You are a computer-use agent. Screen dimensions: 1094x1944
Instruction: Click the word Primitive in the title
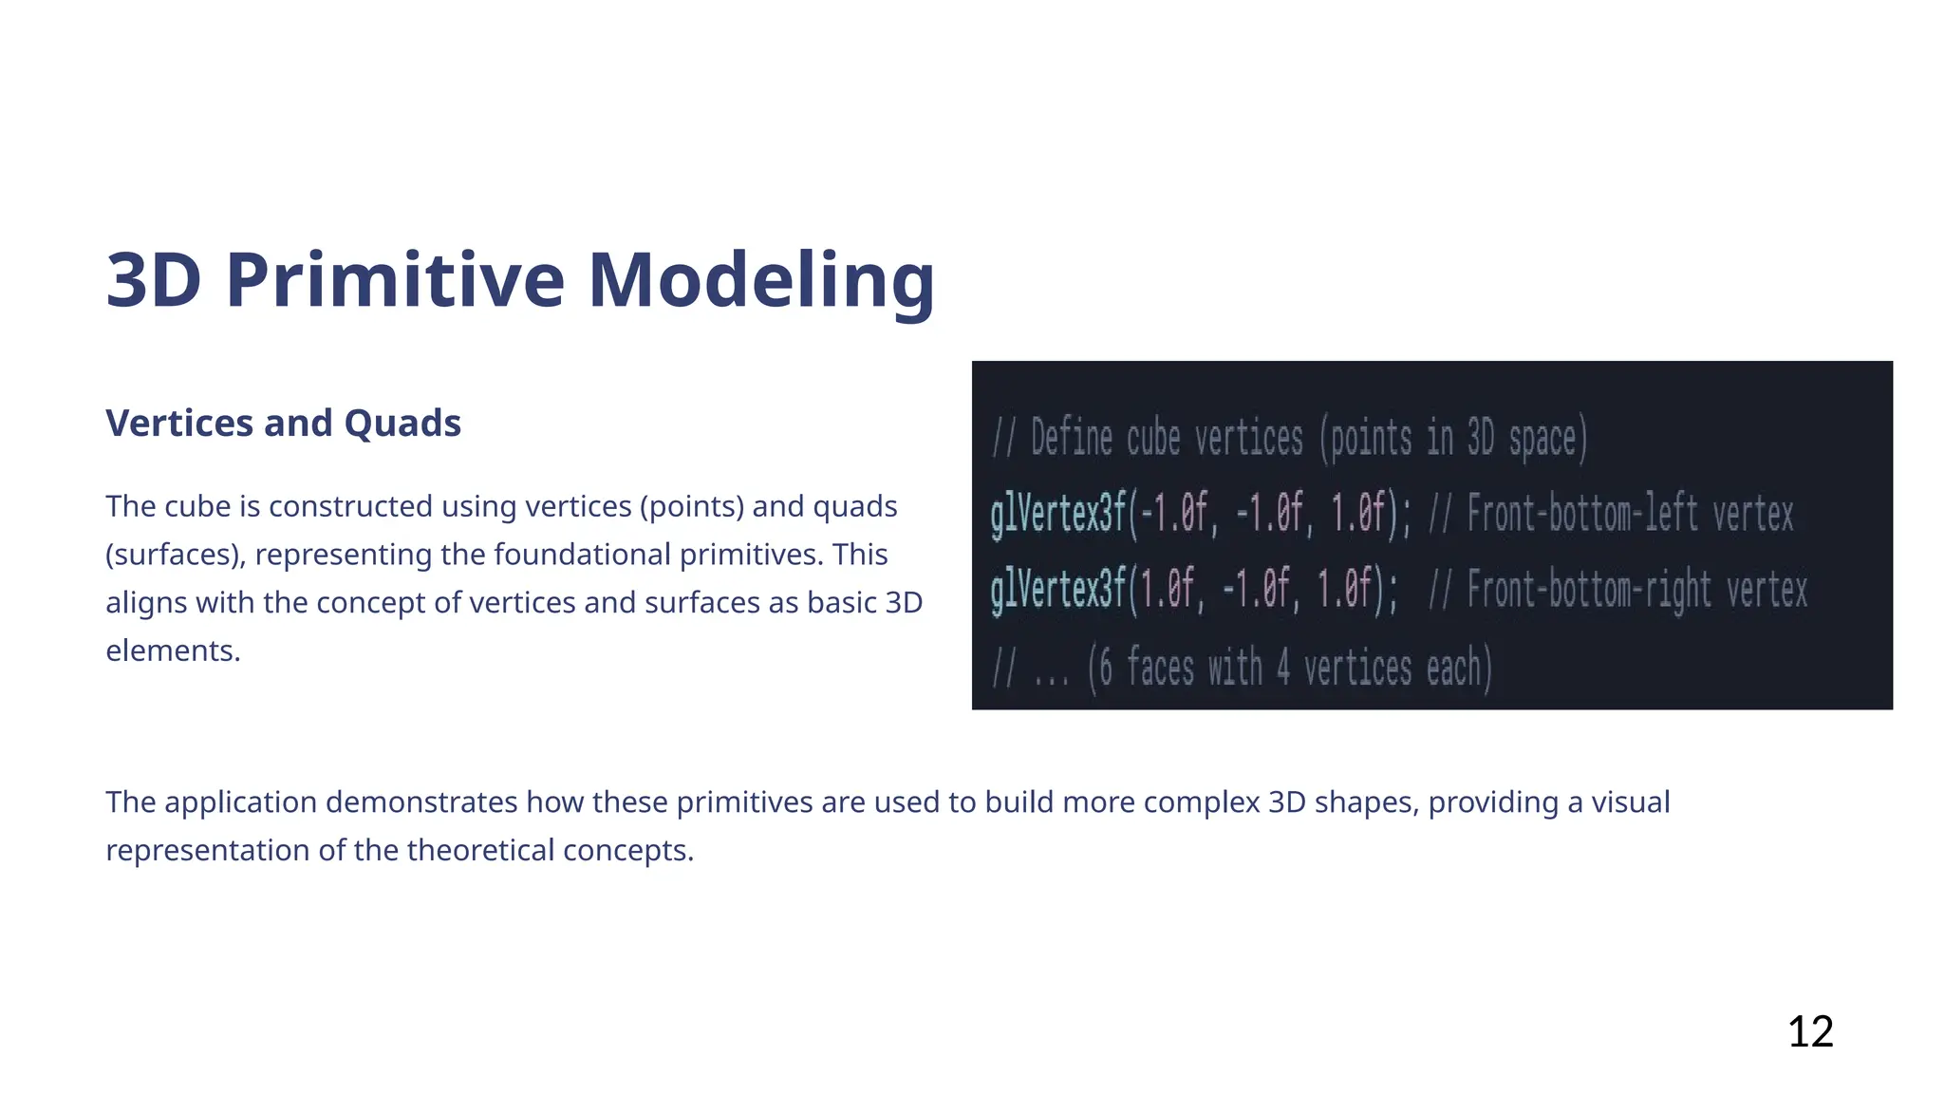(395, 280)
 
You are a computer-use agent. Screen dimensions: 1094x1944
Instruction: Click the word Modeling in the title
(761, 280)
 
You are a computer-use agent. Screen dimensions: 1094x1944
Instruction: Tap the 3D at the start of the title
(153, 280)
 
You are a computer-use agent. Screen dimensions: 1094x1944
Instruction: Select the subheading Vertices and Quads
(283, 424)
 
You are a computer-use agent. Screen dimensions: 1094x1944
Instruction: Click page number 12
(1809, 1031)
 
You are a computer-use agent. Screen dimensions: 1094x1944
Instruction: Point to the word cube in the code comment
(1152, 439)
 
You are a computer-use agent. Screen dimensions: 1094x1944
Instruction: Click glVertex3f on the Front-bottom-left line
(1057, 515)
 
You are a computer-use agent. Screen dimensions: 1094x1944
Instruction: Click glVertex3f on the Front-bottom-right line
(1057, 591)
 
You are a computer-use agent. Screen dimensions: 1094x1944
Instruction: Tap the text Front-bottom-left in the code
(1582, 515)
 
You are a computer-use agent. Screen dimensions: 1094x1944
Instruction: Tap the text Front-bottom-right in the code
(1589, 591)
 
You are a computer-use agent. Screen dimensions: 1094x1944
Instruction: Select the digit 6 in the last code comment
(1105, 668)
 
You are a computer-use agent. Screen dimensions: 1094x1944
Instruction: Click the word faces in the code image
(1160, 668)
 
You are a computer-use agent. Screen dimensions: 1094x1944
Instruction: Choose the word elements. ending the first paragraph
(173, 651)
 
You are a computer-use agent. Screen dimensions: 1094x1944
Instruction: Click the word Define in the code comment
(1071, 439)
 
